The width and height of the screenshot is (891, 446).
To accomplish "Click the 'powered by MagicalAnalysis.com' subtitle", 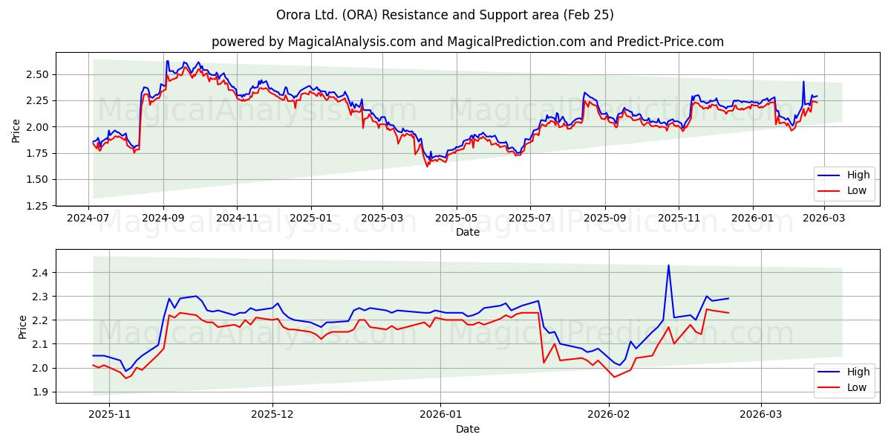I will click(x=467, y=42).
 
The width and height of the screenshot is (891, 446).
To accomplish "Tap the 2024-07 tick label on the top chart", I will click(x=89, y=219).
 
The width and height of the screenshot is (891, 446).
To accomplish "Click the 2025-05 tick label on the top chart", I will click(x=457, y=219).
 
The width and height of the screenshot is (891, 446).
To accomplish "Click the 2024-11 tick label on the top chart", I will click(x=237, y=219).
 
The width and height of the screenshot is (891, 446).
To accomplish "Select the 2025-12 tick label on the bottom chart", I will click(x=273, y=415).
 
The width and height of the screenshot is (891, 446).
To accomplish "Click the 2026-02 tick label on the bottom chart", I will click(x=609, y=415).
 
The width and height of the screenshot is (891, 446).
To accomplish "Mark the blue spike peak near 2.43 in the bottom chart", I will click(x=668, y=265).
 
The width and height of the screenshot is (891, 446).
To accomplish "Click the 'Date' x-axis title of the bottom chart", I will click(x=467, y=429).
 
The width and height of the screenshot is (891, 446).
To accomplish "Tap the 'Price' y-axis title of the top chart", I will click(x=16, y=131).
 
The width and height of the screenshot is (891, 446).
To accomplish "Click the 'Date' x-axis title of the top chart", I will click(x=467, y=232).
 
